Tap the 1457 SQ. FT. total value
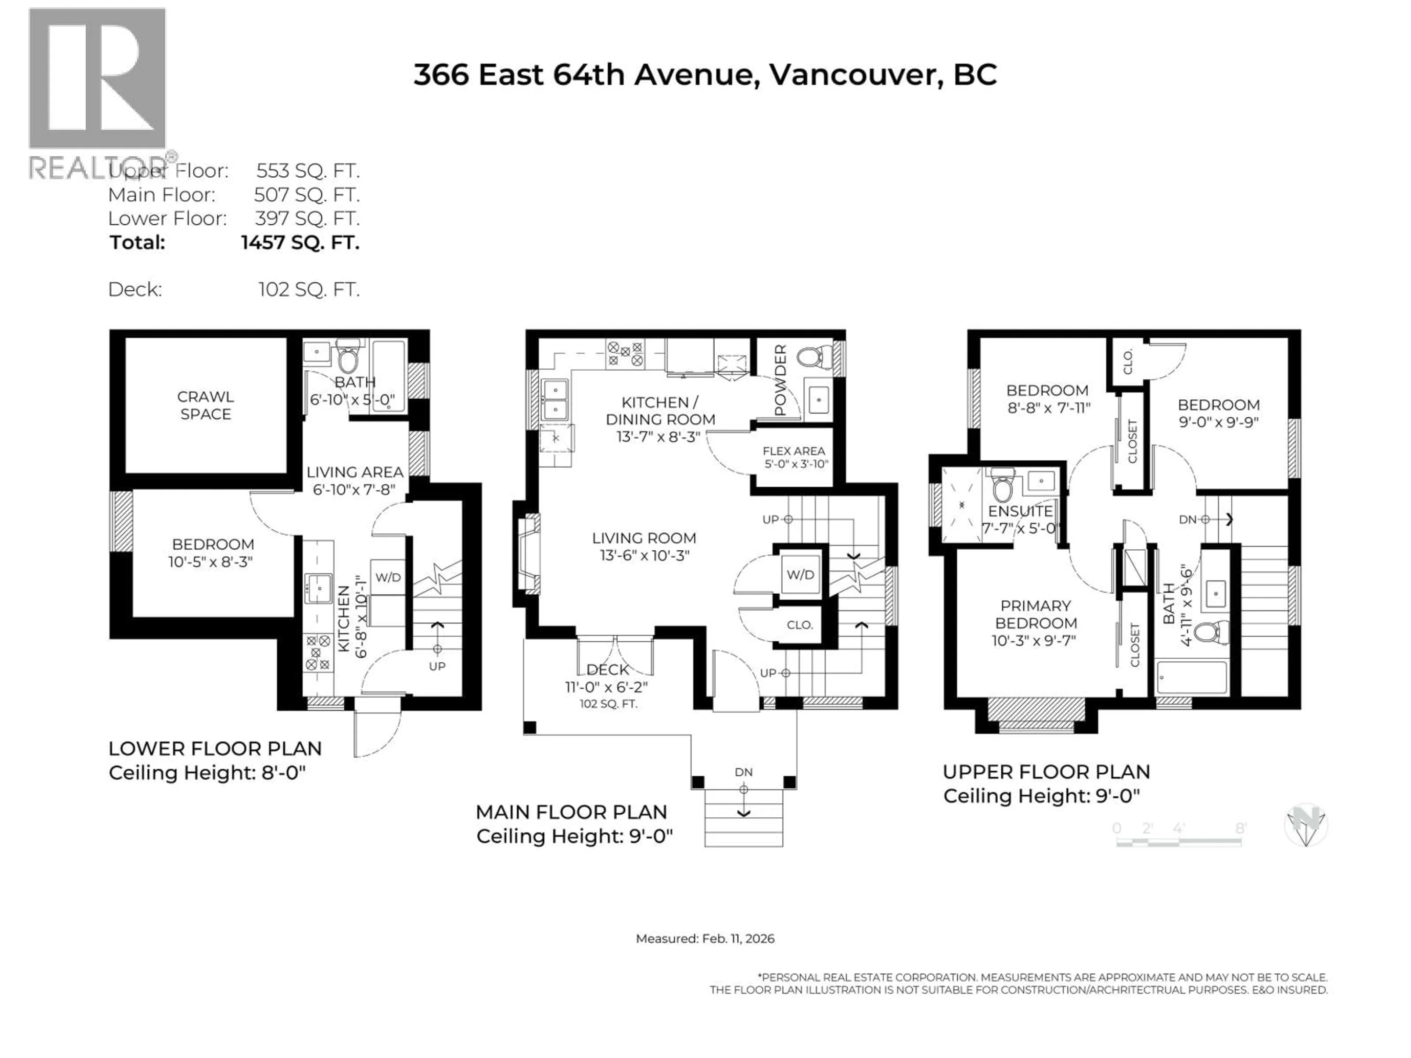tap(301, 242)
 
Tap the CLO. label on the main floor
tap(799, 625)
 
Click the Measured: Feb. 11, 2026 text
tap(705, 939)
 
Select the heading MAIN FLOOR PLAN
tap(571, 812)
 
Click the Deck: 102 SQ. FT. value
tap(309, 289)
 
